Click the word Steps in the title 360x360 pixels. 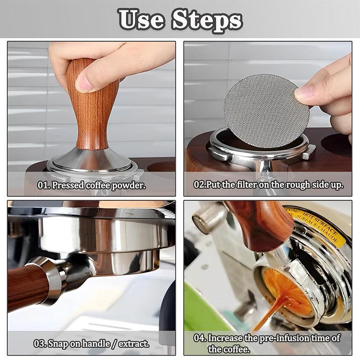coord(207,19)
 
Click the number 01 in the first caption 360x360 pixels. coord(43,185)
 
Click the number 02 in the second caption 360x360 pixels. coord(199,185)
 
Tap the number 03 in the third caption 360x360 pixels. coord(40,344)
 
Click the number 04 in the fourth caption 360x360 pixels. coord(200,338)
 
